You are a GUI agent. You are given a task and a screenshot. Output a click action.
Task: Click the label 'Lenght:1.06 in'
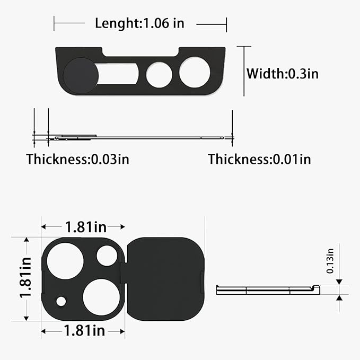[139, 24]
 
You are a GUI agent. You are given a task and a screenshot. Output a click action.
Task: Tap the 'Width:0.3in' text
[283, 74]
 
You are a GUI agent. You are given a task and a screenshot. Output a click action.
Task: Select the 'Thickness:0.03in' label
[77, 159]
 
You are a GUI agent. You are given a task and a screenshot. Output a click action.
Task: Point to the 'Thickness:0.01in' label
[259, 159]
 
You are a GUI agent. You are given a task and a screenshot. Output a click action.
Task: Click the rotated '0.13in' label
[330, 261]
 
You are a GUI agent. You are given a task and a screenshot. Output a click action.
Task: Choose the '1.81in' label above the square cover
[86, 227]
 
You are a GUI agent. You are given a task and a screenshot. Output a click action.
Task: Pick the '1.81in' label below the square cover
[84, 331]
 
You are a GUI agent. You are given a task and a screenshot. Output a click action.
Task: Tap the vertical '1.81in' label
[25, 278]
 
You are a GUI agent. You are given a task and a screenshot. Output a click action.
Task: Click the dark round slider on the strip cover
[81, 75]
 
